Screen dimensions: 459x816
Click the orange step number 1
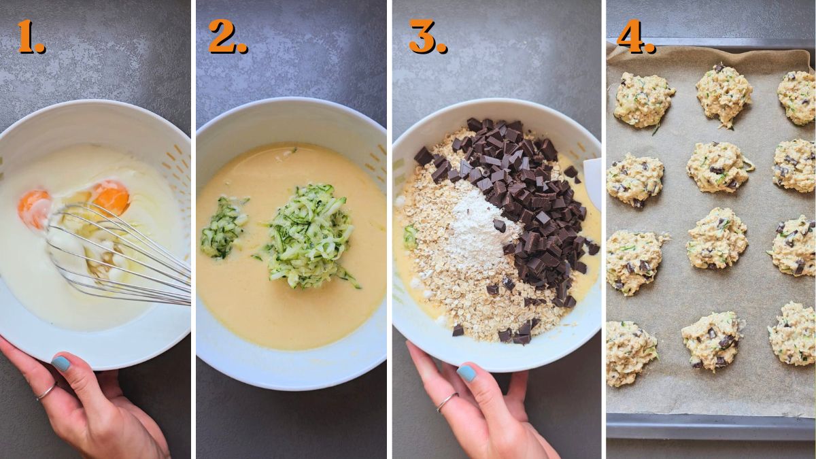tap(31, 37)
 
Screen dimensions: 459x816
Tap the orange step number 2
tap(227, 37)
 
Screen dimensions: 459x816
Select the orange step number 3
tap(427, 37)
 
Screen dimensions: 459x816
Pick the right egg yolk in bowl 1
tap(111, 197)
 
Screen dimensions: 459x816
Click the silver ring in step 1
tap(46, 392)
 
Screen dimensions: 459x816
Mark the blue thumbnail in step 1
tap(61, 364)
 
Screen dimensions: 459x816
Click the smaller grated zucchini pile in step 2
tap(223, 227)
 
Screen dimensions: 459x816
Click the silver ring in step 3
tap(447, 402)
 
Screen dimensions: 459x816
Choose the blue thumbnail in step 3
tap(466, 373)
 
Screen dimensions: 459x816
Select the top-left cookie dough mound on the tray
tap(643, 99)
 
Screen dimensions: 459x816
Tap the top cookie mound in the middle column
tap(724, 93)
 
